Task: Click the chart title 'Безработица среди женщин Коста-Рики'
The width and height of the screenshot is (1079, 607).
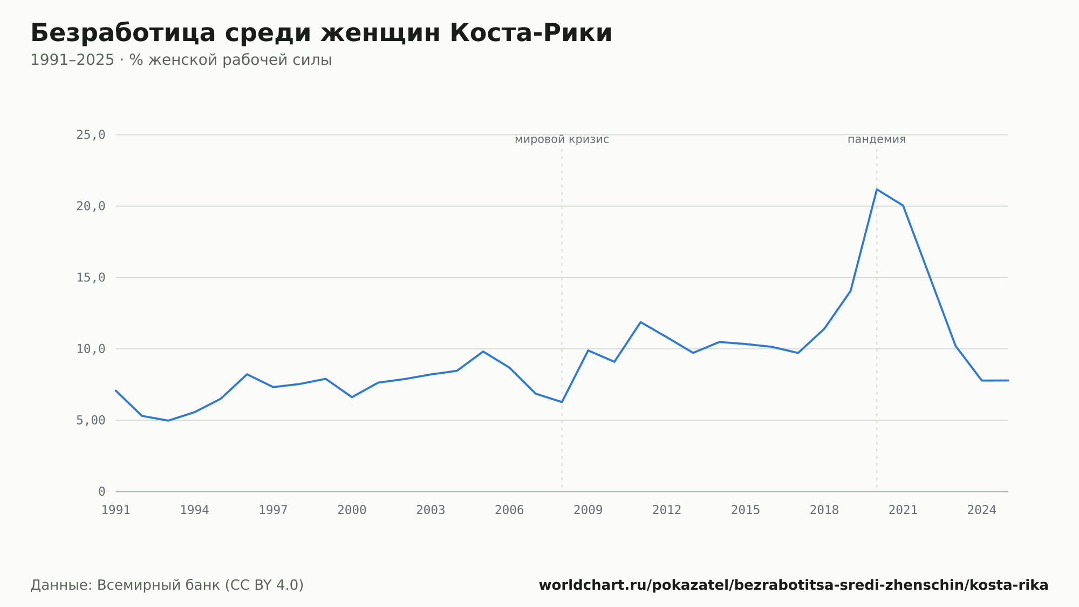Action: (321, 33)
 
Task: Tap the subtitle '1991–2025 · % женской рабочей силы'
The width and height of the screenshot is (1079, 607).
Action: (181, 60)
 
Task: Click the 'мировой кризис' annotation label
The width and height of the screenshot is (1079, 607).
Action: (562, 139)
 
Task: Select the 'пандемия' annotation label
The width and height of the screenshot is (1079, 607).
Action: (877, 139)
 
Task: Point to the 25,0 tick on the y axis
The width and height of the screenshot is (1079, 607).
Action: (91, 135)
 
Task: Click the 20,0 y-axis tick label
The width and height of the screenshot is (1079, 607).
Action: (91, 206)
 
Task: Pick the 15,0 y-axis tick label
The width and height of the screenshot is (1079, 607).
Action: (91, 278)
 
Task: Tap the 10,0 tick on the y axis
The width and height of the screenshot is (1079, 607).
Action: (91, 349)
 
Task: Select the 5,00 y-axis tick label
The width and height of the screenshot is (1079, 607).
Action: (91, 420)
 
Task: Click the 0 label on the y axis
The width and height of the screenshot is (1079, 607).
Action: (101, 491)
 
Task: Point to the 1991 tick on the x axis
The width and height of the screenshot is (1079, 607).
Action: (116, 510)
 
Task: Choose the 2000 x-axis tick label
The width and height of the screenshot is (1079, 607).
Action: (352, 510)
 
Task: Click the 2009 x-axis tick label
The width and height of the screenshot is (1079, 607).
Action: (588, 510)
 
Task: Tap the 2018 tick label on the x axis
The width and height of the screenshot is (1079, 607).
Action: (824, 510)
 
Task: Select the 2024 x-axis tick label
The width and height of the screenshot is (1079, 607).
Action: (982, 510)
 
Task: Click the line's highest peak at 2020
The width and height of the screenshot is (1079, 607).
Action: (877, 190)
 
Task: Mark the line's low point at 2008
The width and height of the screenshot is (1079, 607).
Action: (562, 402)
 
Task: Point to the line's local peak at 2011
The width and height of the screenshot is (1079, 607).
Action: (640, 322)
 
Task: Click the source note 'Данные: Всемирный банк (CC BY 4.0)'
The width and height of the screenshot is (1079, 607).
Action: (167, 585)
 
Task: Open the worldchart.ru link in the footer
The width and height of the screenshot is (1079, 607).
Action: (794, 585)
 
